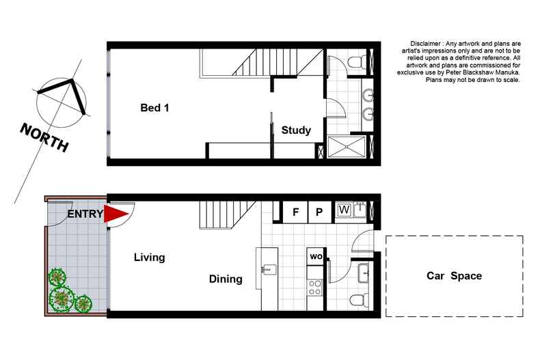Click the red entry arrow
116,214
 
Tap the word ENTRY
85,214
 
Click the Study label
296,130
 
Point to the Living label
149,258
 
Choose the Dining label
226,279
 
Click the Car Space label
454,276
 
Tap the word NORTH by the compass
44,137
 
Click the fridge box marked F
295,212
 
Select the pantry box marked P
319,212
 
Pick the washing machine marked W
343,210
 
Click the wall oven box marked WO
316,257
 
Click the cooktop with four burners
315,288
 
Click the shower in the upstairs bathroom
349,148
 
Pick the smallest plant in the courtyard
83,303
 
